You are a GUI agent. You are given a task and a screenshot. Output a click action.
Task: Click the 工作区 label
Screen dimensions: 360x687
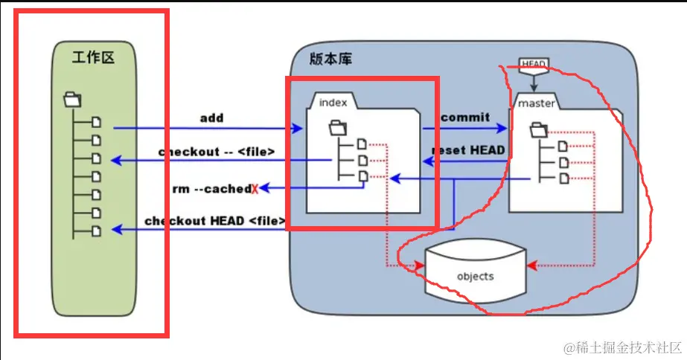(x=94, y=58)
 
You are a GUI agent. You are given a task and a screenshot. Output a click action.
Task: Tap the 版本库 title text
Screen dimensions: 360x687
(x=330, y=60)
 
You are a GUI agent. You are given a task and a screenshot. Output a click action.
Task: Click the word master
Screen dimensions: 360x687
(x=537, y=103)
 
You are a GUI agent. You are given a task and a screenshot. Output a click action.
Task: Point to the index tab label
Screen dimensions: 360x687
(x=333, y=102)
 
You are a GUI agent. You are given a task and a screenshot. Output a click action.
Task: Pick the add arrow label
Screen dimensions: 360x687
(x=211, y=118)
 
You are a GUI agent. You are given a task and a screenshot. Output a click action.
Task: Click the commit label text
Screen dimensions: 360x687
(x=465, y=118)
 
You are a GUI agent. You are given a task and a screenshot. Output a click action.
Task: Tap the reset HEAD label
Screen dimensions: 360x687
(x=469, y=150)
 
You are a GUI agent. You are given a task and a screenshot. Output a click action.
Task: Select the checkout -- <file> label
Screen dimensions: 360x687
(x=217, y=152)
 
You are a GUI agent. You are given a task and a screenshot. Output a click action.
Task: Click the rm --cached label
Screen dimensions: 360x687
(x=211, y=189)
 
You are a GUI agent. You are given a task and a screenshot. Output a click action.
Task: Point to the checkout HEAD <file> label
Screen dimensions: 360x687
(x=214, y=221)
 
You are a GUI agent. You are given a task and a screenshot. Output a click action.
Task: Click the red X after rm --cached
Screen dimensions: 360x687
(x=255, y=189)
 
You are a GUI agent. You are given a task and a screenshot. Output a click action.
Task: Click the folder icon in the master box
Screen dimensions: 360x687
(x=538, y=131)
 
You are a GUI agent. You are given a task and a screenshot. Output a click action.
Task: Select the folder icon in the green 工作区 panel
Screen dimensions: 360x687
(x=73, y=98)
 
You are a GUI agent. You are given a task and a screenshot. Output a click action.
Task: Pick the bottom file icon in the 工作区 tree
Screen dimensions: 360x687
(x=95, y=231)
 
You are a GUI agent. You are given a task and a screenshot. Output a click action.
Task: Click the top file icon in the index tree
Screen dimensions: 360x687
(x=362, y=144)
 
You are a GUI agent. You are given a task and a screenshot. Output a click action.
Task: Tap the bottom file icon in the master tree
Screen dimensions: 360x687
(x=563, y=178)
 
